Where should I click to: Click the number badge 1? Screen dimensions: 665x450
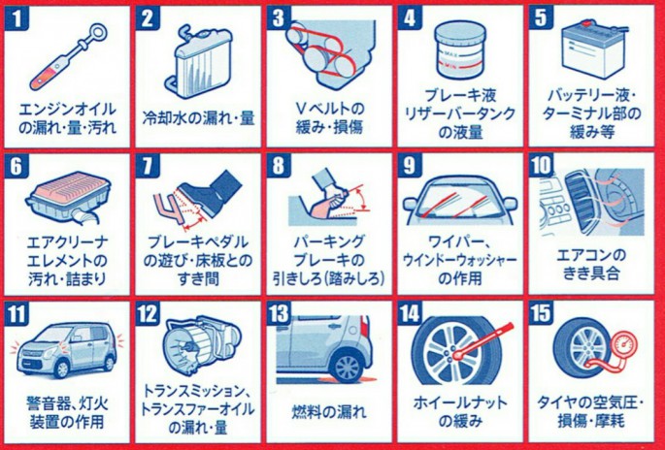click(x=17, y=19)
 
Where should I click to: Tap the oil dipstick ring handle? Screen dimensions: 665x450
click(x=99, y=32)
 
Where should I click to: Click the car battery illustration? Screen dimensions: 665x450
click(x=594, y=48)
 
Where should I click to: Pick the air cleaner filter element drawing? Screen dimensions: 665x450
click(x=69, y=197)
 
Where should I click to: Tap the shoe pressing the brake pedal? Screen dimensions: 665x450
click(x=211, y=189)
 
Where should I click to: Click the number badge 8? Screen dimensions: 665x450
click(x=279, y=166)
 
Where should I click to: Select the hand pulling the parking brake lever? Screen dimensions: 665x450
click(x=330, y=194)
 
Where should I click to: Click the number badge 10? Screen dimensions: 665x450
click(x=541, y=166)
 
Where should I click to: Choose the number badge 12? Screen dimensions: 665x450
click(x=148, y=314)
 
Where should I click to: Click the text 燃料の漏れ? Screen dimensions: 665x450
click(x=329, y=411)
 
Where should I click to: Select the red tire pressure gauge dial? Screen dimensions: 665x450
click(x=621, y=344)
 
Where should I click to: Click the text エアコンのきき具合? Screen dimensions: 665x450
click(x=591, y=265)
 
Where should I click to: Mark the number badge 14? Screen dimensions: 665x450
click(x=410, y=314)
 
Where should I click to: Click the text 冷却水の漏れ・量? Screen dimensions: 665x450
click(x=198, y=118)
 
